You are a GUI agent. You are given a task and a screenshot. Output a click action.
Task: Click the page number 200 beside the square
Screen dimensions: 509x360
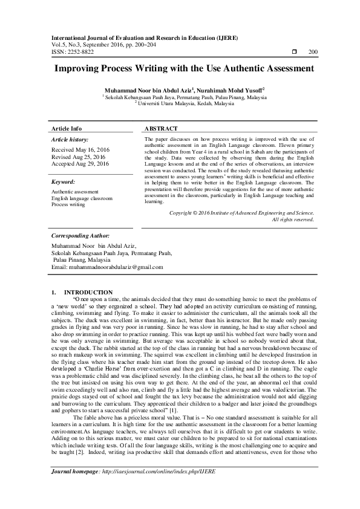click(313, 52)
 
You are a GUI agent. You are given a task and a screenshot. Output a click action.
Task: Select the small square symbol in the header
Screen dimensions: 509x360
click(295, 52)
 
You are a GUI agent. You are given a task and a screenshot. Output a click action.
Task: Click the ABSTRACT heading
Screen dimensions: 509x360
click(162, 129)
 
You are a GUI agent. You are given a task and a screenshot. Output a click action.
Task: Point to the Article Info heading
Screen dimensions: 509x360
click(67, 129)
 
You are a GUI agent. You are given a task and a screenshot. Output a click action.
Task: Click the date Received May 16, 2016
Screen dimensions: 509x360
click(80, 149)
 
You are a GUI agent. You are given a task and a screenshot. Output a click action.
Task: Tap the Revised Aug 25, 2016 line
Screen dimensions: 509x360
click(79, 157)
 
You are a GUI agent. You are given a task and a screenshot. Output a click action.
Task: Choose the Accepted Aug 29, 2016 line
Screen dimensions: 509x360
click(80, 164)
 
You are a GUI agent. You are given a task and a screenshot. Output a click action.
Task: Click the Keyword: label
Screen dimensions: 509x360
click(64, 181)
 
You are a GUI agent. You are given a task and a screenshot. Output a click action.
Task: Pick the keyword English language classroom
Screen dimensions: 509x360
click(82, 198)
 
